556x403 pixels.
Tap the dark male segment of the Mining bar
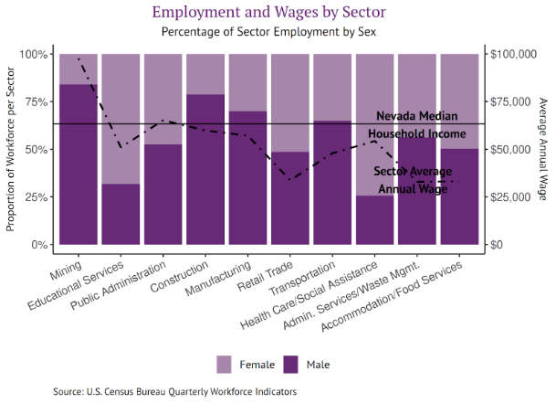click(78, 164)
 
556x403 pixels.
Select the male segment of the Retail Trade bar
click(289, 197)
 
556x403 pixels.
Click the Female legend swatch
click(225, 364)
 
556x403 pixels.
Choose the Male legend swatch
click(292, 364)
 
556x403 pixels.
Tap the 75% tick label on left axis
click(33, 101)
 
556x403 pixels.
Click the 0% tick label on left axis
click(37, 245)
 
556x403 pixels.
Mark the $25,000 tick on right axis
click(510, 197)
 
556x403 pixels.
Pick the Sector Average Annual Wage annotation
click(413, 180)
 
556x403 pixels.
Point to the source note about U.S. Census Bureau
click(174, 391)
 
